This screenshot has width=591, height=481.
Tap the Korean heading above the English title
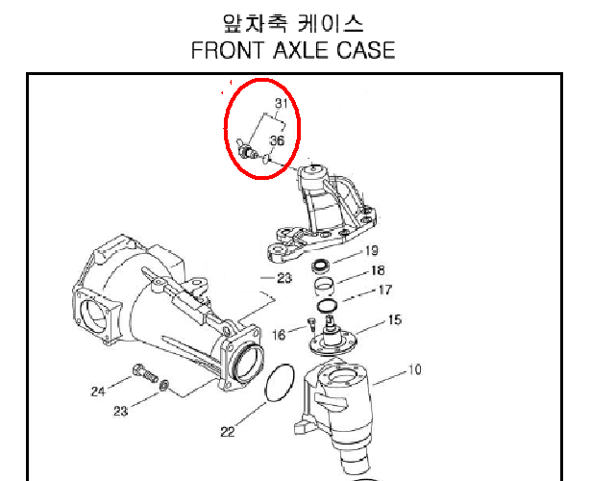[x=293, y=23]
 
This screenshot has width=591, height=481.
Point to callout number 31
[x=282, y=103]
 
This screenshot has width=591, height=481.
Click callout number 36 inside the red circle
[x=277, y=140]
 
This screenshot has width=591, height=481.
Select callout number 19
[x=371, y=250]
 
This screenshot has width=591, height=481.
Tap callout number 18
[x=378, y=270]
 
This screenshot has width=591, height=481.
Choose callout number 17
[x=384, y=290]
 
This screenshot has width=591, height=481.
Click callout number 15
[x=395, y=320]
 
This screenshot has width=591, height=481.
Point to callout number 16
[x=279, y=335]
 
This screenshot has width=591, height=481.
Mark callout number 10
[x=414, y=369]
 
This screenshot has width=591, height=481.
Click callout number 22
[x=228, y=432]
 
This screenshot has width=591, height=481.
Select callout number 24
[x=98, y=392]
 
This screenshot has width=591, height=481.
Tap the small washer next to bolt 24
[x=164, y=386]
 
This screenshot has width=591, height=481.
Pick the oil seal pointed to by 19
[x=321, y=266]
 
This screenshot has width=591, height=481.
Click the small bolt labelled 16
[x=311, y=324]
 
